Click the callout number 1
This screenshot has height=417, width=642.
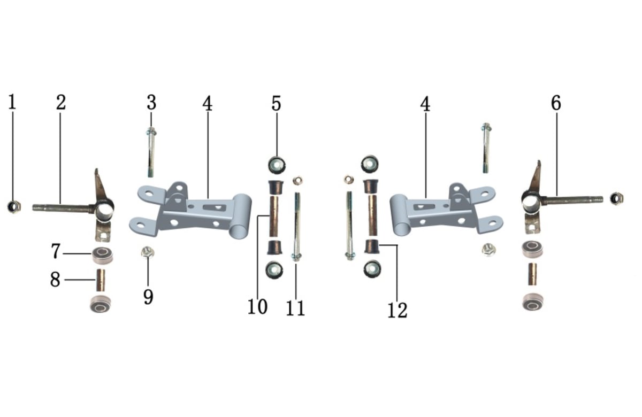12,102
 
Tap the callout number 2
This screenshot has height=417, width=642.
61,102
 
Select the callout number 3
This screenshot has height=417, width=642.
151,103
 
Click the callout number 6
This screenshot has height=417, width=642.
556,103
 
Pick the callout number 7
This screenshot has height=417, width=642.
56,251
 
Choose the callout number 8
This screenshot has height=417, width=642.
55,279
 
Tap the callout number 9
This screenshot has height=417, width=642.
148,297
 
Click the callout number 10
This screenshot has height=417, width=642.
257,307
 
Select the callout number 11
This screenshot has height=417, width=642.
295,308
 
